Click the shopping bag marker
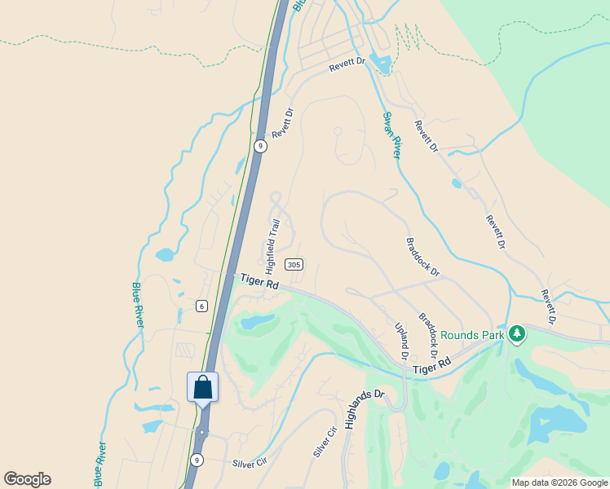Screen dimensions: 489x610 coord(202,388)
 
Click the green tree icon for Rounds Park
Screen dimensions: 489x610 coord(516,333)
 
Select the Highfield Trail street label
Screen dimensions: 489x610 coord(273,240)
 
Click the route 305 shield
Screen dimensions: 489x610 coord(294,264)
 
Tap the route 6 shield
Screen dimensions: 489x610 coord(201,306)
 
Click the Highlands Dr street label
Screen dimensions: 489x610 coord(363,408)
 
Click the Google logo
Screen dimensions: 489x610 coord(27,479)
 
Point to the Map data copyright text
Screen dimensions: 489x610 coord(559,482)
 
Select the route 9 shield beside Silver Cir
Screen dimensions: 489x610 coord(197,460)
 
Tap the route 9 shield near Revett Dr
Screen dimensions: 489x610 coord(259,146)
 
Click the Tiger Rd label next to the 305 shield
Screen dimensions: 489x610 coord(259,282)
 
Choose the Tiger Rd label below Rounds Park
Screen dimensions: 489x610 coord(431,367)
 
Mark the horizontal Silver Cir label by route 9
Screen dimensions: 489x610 coord(250,462)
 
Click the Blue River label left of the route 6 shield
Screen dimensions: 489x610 coord(138,305)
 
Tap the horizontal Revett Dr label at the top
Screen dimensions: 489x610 coord(346,69)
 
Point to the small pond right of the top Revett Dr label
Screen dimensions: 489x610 coord(381,62)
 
